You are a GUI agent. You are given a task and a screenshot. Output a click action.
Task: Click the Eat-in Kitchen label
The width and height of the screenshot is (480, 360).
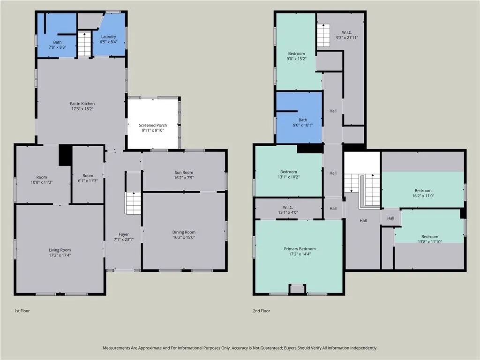click(82, 104)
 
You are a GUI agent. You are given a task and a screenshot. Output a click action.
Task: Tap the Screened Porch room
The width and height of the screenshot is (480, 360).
click(153, 124)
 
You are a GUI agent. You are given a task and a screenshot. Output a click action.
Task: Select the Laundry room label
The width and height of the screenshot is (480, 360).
click(108, 37)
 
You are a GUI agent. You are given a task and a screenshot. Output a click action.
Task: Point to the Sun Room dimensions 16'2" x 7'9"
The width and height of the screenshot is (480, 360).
click(184, 178)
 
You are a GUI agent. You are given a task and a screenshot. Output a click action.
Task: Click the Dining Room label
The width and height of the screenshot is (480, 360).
click(184, 232)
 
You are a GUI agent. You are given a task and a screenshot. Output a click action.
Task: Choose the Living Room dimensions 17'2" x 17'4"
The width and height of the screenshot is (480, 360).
click(60, 255)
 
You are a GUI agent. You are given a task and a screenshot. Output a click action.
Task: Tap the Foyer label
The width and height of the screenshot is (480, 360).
click(124, 234)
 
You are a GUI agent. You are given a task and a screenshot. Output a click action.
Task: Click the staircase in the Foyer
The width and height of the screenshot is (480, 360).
click(133, 203)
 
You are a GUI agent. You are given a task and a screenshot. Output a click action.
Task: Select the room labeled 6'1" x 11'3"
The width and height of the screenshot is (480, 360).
click(88, 174)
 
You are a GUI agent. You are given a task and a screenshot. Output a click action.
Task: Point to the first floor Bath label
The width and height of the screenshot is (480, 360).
click(57, 42)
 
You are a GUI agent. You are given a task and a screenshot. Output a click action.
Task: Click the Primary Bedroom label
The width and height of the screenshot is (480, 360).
click(300, 248)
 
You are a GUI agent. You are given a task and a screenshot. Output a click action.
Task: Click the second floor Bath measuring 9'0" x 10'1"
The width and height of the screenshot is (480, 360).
click(300, 118)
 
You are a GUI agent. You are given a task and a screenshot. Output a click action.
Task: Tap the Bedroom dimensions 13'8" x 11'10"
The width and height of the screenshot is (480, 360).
click(430, 241)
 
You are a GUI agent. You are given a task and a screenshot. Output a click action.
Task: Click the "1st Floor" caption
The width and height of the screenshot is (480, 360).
click(22, 311)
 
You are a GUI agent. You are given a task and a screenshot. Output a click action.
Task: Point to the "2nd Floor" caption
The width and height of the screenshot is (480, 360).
click(262, 311)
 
